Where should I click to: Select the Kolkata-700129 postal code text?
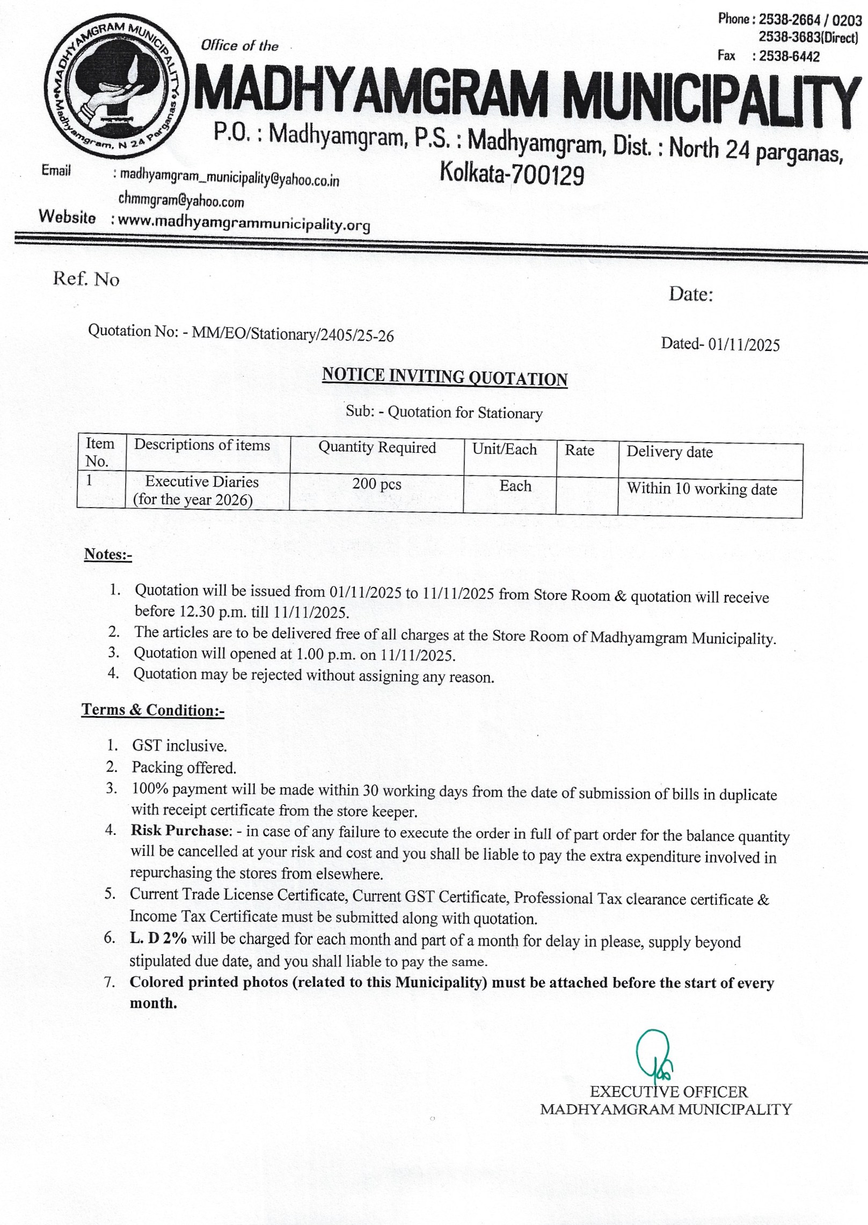point(512,174)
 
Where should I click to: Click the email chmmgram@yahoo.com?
point(181,201)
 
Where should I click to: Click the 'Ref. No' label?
point(86,279)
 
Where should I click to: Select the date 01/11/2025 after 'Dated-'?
point(743,344)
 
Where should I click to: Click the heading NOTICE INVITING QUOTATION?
point(444,378)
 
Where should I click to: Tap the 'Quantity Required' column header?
point(377,448)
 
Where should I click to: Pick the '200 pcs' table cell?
point(376,484)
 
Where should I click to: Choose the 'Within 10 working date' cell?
point(702,489)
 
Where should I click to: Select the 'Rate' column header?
point(579,450)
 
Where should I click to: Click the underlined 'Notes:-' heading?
point(108,554)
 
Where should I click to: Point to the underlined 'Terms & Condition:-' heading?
point(153,710)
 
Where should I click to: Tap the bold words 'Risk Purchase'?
point(180,831)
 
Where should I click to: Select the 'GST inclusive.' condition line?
point(179,745)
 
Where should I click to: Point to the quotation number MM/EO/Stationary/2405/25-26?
point(293,335)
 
